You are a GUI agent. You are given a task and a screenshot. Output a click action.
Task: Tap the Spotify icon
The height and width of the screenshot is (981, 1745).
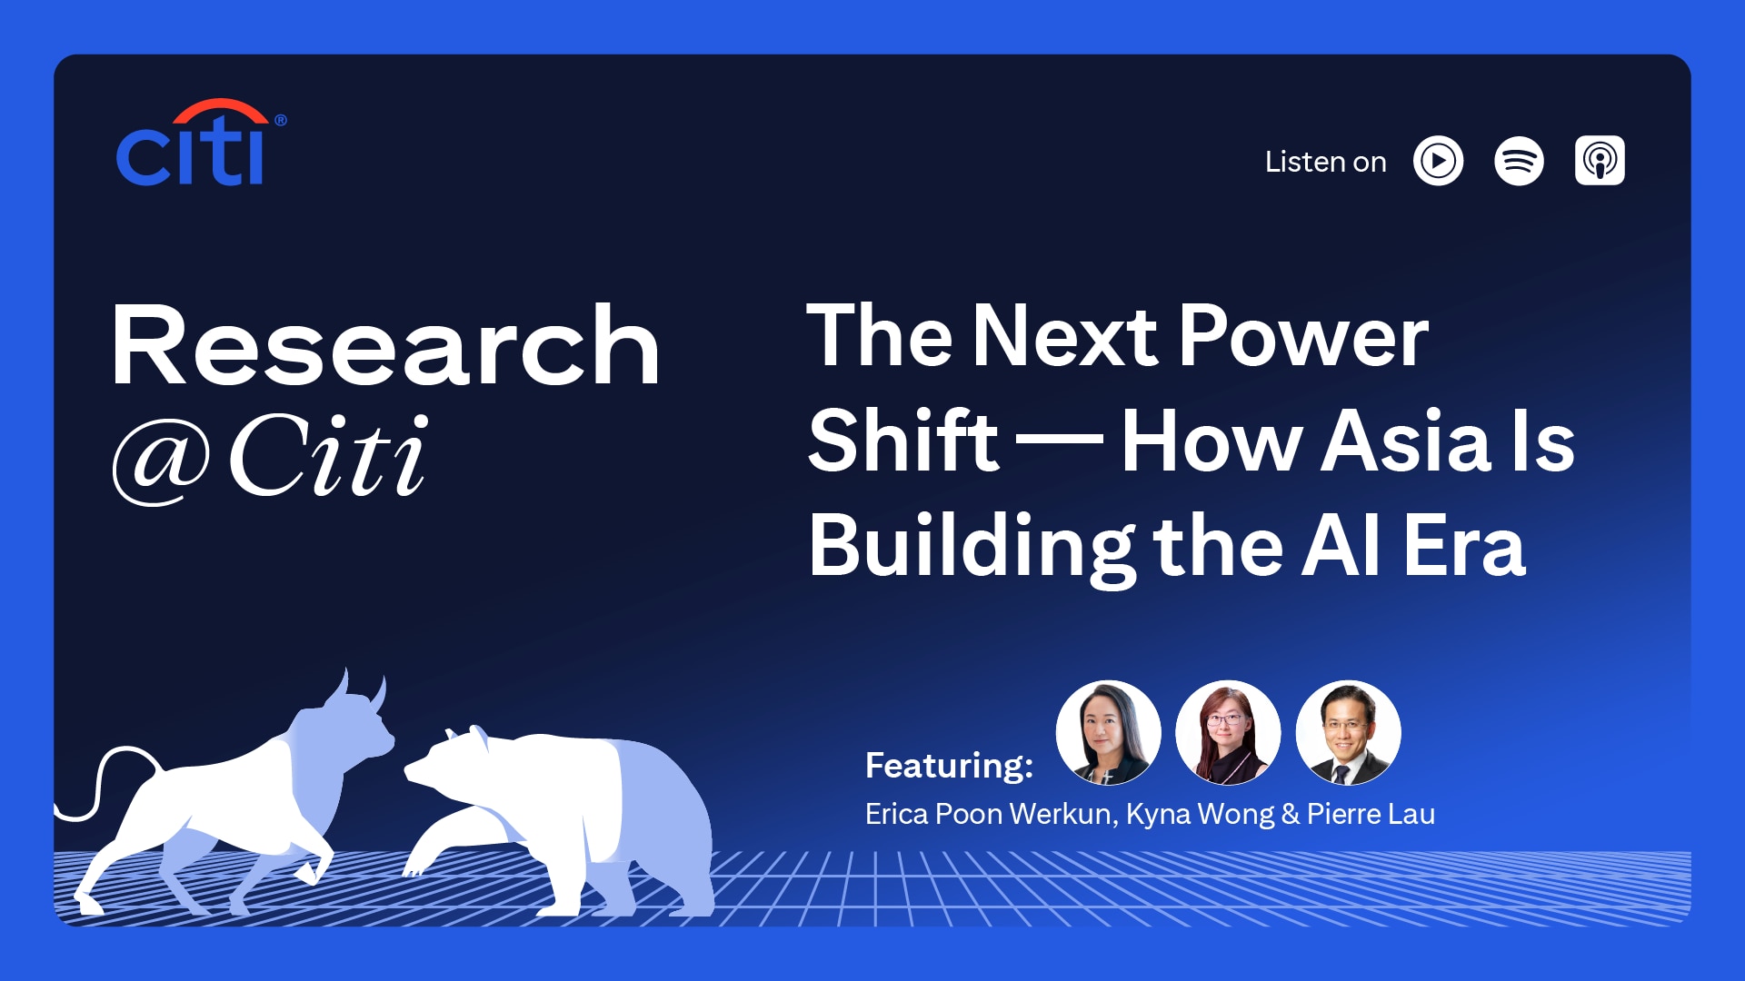(x=1519, y=161)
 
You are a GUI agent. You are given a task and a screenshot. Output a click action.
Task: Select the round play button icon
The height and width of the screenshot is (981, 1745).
(x=1438, y=161)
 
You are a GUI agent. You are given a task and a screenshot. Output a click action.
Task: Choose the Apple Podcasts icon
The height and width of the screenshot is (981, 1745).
(x=1600, y=161)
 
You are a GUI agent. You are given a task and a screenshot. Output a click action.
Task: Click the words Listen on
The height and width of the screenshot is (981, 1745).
(x=1325, y=162)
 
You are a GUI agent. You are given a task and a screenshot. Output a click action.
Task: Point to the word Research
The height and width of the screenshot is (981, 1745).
(x=385, y=345)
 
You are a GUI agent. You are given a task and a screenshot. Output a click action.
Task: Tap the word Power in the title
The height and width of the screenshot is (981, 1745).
(x=1303, y=336)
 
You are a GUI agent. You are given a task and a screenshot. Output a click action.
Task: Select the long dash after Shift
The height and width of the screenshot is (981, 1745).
(x=1060, y=441)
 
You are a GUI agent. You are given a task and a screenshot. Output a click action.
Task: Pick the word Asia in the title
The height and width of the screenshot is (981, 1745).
(x=1405, y=441)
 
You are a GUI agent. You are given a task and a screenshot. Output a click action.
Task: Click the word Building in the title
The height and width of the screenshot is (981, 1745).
(x=971, y=546)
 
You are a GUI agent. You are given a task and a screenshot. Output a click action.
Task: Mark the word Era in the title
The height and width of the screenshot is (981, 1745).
(x=1464, y=546)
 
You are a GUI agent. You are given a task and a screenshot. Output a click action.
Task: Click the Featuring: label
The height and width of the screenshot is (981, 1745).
(x=949, y=765)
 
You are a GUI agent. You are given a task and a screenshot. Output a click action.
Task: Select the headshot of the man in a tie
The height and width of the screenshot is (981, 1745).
(x=1348, y=732)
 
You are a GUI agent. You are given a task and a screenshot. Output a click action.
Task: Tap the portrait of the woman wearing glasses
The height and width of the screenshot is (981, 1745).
(x=1228, y=732)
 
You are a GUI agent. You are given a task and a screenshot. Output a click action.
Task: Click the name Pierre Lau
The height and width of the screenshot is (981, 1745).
(x=1371, y=814)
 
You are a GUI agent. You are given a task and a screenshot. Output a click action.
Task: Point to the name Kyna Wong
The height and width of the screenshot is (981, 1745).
(x=1200, y=815)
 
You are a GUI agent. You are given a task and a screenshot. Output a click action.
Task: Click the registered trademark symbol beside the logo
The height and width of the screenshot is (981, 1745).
(x=280, y=120)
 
